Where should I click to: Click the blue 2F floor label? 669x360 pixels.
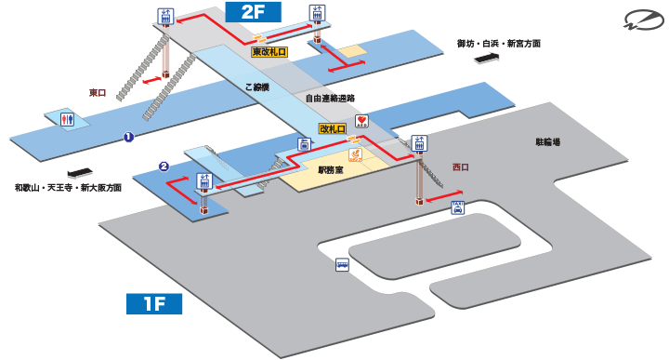tap(253, 12)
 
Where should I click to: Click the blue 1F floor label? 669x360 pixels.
tap(153, 303)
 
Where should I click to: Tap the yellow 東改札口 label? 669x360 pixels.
tap(269, 54)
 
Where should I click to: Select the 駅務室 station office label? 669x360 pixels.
tap(331, 170)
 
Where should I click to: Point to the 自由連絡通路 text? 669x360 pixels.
tap(330, 98)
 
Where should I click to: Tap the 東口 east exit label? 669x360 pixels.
tap(99, 92)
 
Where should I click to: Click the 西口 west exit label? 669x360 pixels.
tap(461, 167)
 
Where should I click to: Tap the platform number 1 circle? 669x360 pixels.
tap(128, 138)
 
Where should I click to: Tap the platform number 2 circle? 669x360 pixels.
tap(164, 167)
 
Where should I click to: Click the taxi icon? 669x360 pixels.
tap(457, 207)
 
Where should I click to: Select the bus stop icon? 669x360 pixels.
tap(342, 264)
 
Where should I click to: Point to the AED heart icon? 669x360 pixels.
tap(361, 120)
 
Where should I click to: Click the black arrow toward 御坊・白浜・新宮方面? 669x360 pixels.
tap(485, 59)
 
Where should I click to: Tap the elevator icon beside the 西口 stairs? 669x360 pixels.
tap(418, 144)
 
